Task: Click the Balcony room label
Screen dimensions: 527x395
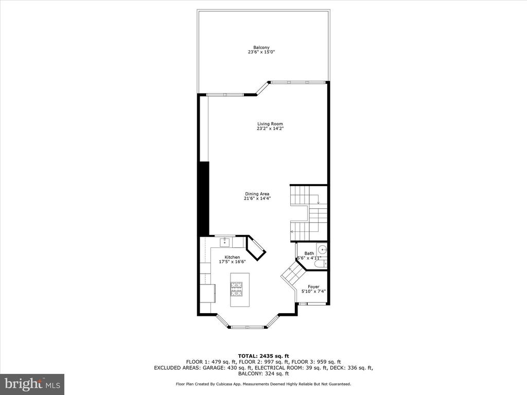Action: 261,48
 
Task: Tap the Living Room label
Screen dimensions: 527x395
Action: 270,124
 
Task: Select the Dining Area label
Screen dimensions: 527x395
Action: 257,194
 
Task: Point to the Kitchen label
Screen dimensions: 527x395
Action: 232,257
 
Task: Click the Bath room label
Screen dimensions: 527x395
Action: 309,253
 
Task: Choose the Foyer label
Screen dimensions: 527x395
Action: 313,287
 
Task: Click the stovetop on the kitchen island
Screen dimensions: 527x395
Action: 236,289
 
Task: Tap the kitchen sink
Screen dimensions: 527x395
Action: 224,242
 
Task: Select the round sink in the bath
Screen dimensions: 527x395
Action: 323,250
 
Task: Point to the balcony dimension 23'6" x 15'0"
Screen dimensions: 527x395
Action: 261,52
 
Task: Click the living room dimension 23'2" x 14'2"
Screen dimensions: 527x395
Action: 270,128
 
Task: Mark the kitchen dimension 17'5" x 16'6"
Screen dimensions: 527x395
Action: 232,262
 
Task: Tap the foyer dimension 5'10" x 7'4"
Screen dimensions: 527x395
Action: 313,292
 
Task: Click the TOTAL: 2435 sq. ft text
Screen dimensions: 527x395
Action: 263,356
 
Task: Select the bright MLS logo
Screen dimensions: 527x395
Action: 32,383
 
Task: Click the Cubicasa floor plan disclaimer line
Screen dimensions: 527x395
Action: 263,384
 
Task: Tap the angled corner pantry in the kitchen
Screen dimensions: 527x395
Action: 256,248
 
